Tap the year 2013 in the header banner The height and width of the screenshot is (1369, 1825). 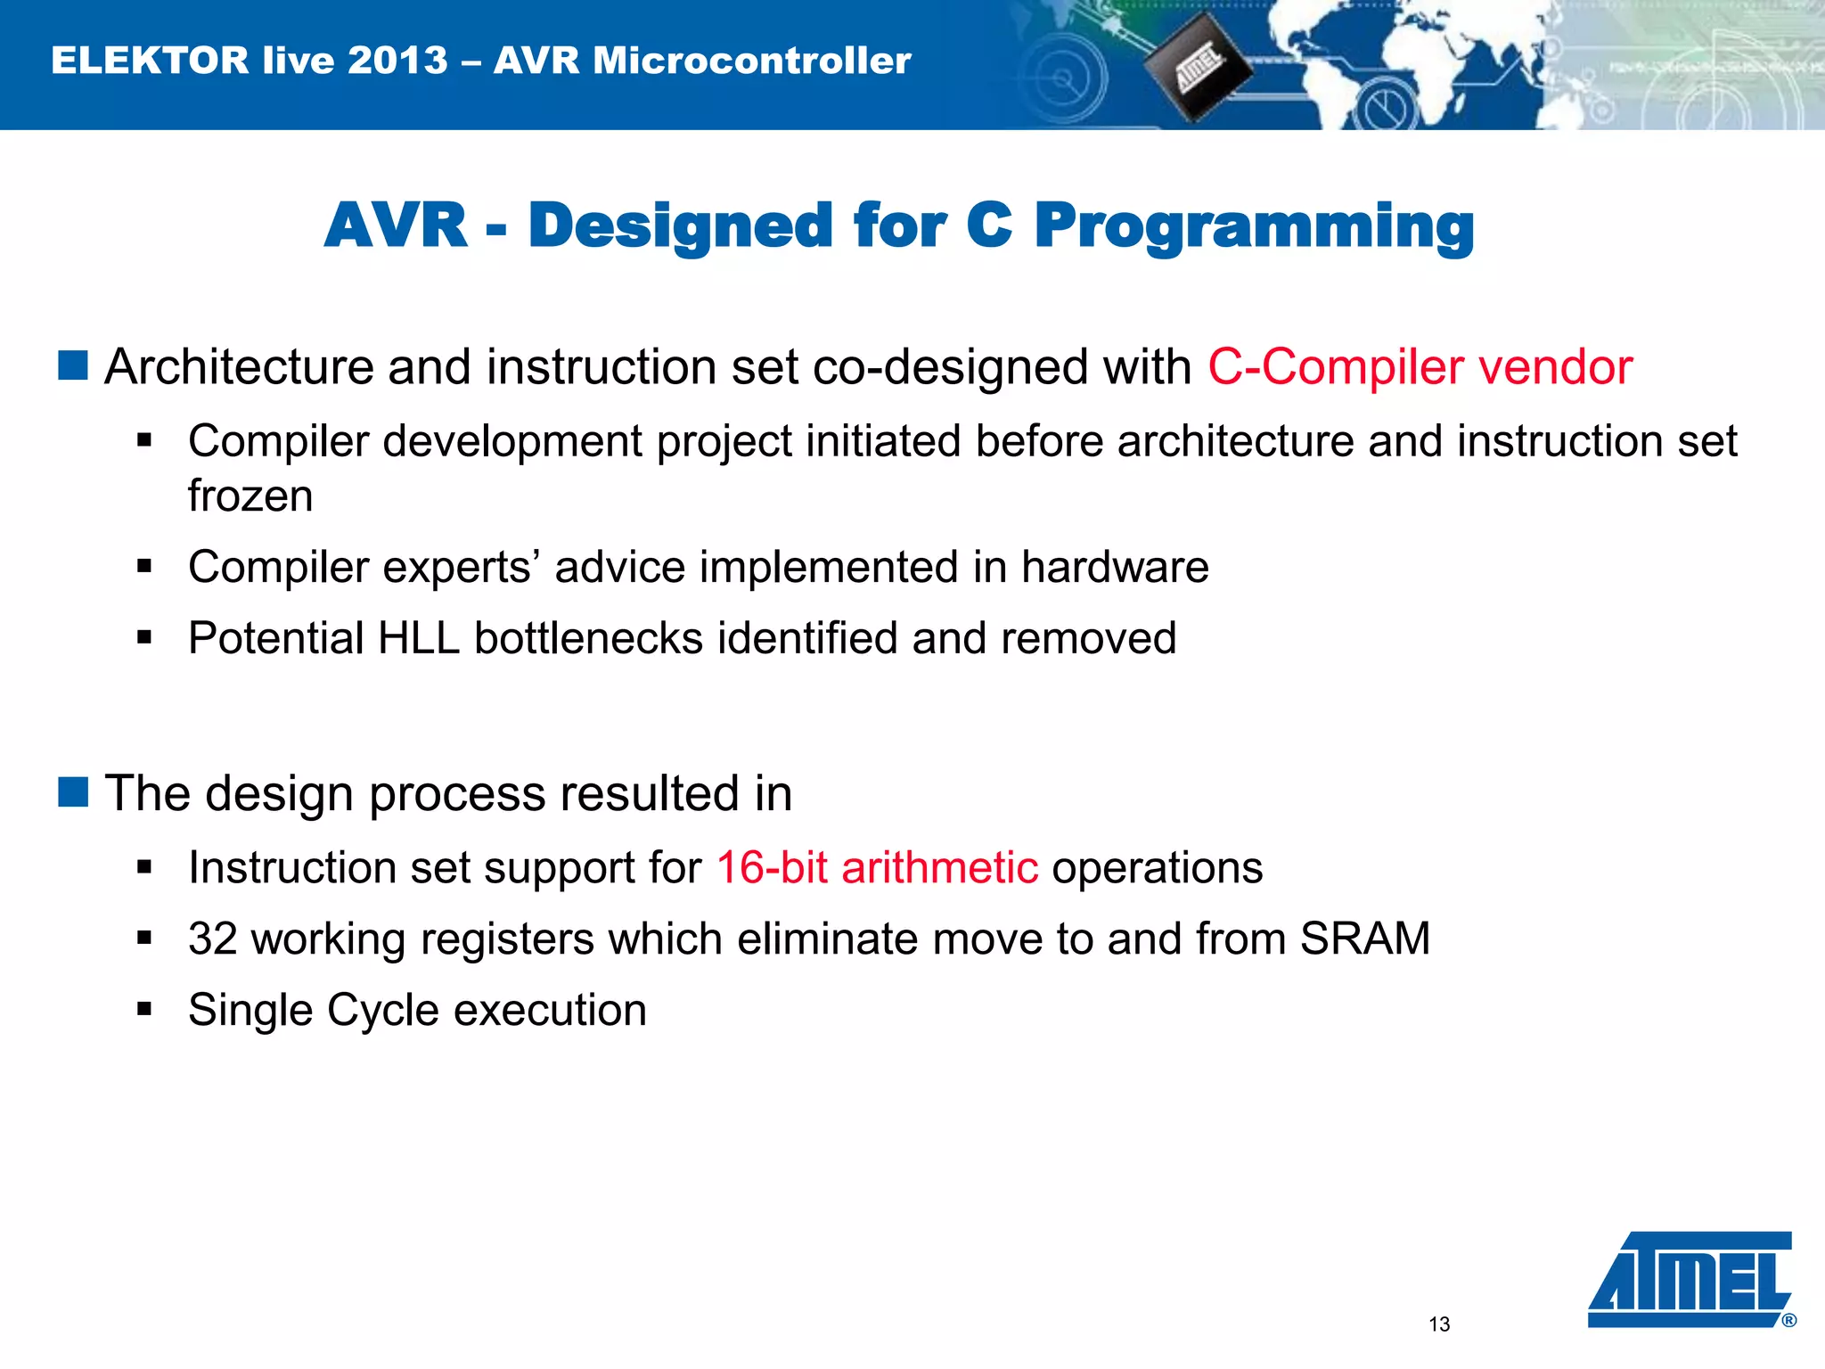397,61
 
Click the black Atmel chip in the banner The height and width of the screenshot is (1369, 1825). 1197,68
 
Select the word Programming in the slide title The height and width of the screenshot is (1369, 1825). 1254,225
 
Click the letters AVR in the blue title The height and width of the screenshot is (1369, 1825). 396,225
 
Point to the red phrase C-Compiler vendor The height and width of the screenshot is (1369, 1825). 1420,367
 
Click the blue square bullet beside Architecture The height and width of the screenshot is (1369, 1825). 73,365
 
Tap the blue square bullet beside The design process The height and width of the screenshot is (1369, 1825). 73,791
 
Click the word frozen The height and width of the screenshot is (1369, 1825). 250,496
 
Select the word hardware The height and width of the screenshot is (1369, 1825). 1115,567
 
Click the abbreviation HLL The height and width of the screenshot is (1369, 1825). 418,638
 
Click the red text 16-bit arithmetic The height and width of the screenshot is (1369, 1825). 877,867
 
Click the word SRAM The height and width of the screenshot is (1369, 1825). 1364,939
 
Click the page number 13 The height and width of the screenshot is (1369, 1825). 1439,1324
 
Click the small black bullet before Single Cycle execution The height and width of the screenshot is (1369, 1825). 144,1010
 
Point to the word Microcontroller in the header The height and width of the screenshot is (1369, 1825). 751,61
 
